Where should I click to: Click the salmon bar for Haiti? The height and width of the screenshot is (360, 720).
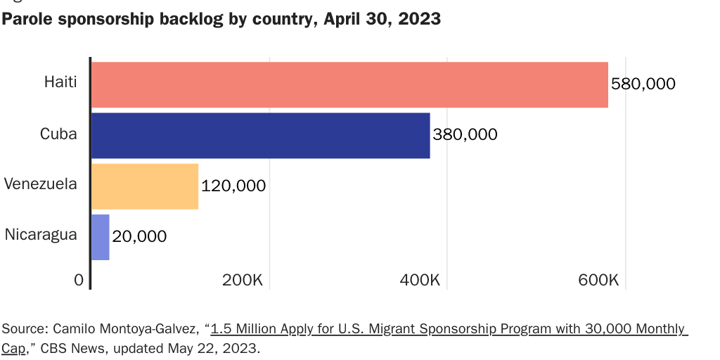tap(349, 85)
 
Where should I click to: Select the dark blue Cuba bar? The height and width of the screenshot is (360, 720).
tap(260, 136)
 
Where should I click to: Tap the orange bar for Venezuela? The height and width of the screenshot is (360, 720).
tap(145, 186)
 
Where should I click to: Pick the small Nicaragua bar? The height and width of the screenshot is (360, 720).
tap(101, 237)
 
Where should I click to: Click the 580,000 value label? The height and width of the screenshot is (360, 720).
tap(643, 84)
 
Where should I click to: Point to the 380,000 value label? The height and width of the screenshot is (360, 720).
tap(465, 134)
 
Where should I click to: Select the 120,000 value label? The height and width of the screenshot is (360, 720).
tap(233, 186)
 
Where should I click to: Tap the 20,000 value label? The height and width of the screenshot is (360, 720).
tap(139, 236)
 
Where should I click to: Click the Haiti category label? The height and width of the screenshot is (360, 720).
tap(60, 82)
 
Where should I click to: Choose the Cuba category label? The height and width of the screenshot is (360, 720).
tap(58, 134)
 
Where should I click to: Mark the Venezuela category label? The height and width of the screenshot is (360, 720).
tap(40, 184)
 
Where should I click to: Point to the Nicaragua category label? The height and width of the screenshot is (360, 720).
tap(41, 235)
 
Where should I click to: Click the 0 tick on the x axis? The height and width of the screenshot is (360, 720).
tap(79, 280)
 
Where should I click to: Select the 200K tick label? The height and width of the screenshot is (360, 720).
tap(243, 280)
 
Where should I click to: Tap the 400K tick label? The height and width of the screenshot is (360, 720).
tap(420, 280)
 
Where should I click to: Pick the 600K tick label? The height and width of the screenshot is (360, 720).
tap(598, 280)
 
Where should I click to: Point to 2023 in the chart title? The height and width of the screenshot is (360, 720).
tap(419, 19)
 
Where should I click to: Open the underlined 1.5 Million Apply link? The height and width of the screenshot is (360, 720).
tap(449, 328)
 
